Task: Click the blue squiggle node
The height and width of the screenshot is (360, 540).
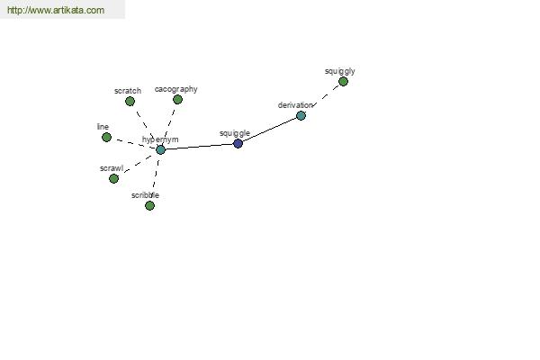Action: [x=238, y=143]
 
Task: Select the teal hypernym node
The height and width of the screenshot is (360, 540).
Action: [x=160, y=149]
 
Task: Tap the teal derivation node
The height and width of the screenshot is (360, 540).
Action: [x=301, y=115]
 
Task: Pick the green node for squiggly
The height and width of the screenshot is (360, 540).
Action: [x=343, y=82]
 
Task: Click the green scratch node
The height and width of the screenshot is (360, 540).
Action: [x=130, y=102]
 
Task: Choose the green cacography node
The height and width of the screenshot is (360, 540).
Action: [x=177, y=100]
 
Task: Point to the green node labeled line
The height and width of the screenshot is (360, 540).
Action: [x=107, y=137]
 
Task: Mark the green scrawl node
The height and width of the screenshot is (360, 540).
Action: [x=113, y=178]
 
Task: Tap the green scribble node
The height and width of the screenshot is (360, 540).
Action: [x=149, y=206]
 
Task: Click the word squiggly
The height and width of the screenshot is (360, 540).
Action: [x=340, y=71]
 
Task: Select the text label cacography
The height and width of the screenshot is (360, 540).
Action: [x=176, y=89]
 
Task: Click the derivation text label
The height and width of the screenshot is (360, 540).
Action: [x=295, y=105]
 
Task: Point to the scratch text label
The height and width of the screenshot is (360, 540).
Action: [x=128, y=91]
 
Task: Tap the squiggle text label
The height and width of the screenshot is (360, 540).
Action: [x=235, y=133]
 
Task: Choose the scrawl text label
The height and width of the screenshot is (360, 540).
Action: [x=112, y=168]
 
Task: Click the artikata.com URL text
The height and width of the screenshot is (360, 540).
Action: [x=56, y=10]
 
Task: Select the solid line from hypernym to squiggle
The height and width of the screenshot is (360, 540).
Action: [x=200, y=147]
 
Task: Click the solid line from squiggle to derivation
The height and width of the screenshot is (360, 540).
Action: [x=270, y=130]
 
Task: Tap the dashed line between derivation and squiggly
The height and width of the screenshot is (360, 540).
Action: [x=326, y=95]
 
